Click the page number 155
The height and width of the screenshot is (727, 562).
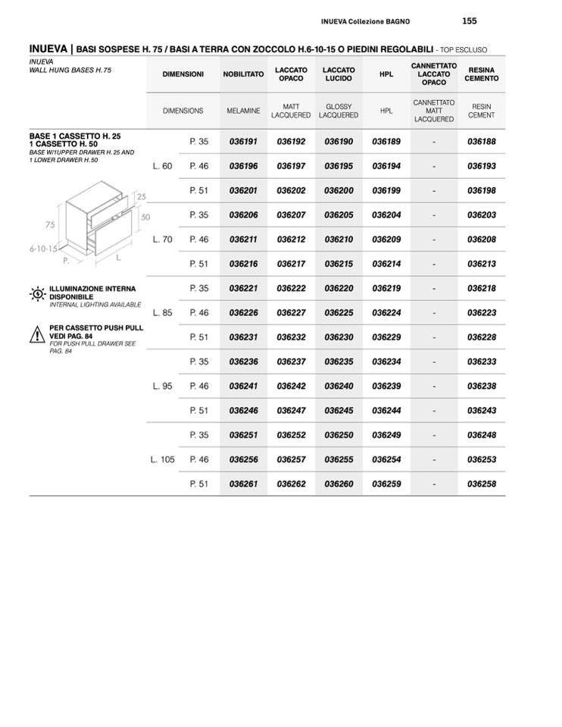tap(469, 20)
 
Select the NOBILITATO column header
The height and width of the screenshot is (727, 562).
tap(243, 74)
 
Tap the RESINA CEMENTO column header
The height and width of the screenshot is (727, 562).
tap(482, 74)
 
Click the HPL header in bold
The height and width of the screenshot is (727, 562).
tap(386, 74)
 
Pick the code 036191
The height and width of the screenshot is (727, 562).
tap(243, 142)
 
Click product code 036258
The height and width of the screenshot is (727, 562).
tap(482, 484)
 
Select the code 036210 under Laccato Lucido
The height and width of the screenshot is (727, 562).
tap(339, 240)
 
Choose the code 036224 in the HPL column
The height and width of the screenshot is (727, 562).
tap(386, 312)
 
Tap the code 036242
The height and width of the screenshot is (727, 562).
tap(291, 386)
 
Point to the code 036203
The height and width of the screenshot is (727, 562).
tap(482, 215)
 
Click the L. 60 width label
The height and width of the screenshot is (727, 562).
tap(162, 166)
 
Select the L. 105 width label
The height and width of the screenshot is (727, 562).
tap(162, 459)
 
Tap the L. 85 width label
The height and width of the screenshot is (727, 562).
tap(162, 312)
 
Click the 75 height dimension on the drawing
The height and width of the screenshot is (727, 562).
tap(50, 224)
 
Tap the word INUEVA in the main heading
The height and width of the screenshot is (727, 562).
tap(48, 49)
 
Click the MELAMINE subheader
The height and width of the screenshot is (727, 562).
tap(243, 111)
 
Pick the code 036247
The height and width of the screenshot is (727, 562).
tap(291, 410)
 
